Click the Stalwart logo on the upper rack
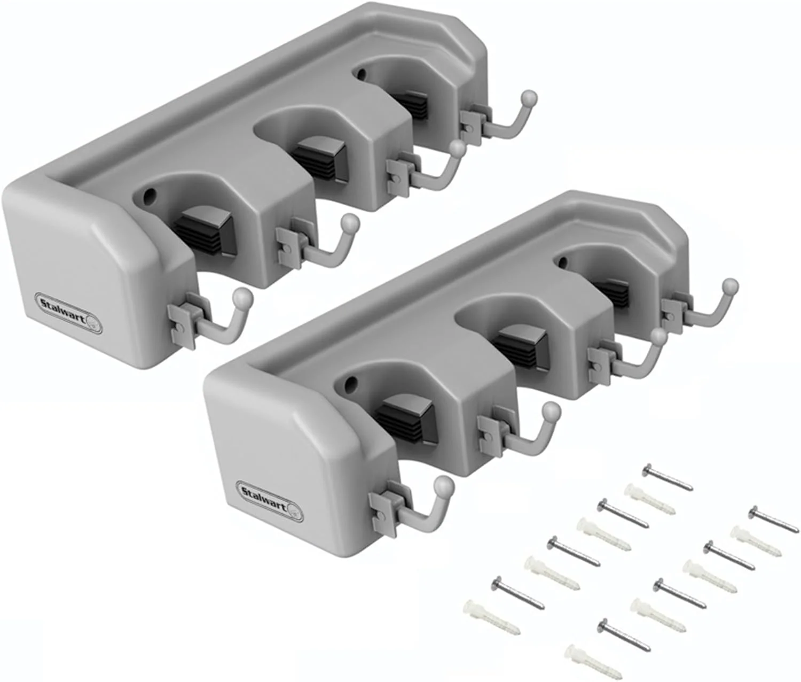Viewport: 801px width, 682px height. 68,304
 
